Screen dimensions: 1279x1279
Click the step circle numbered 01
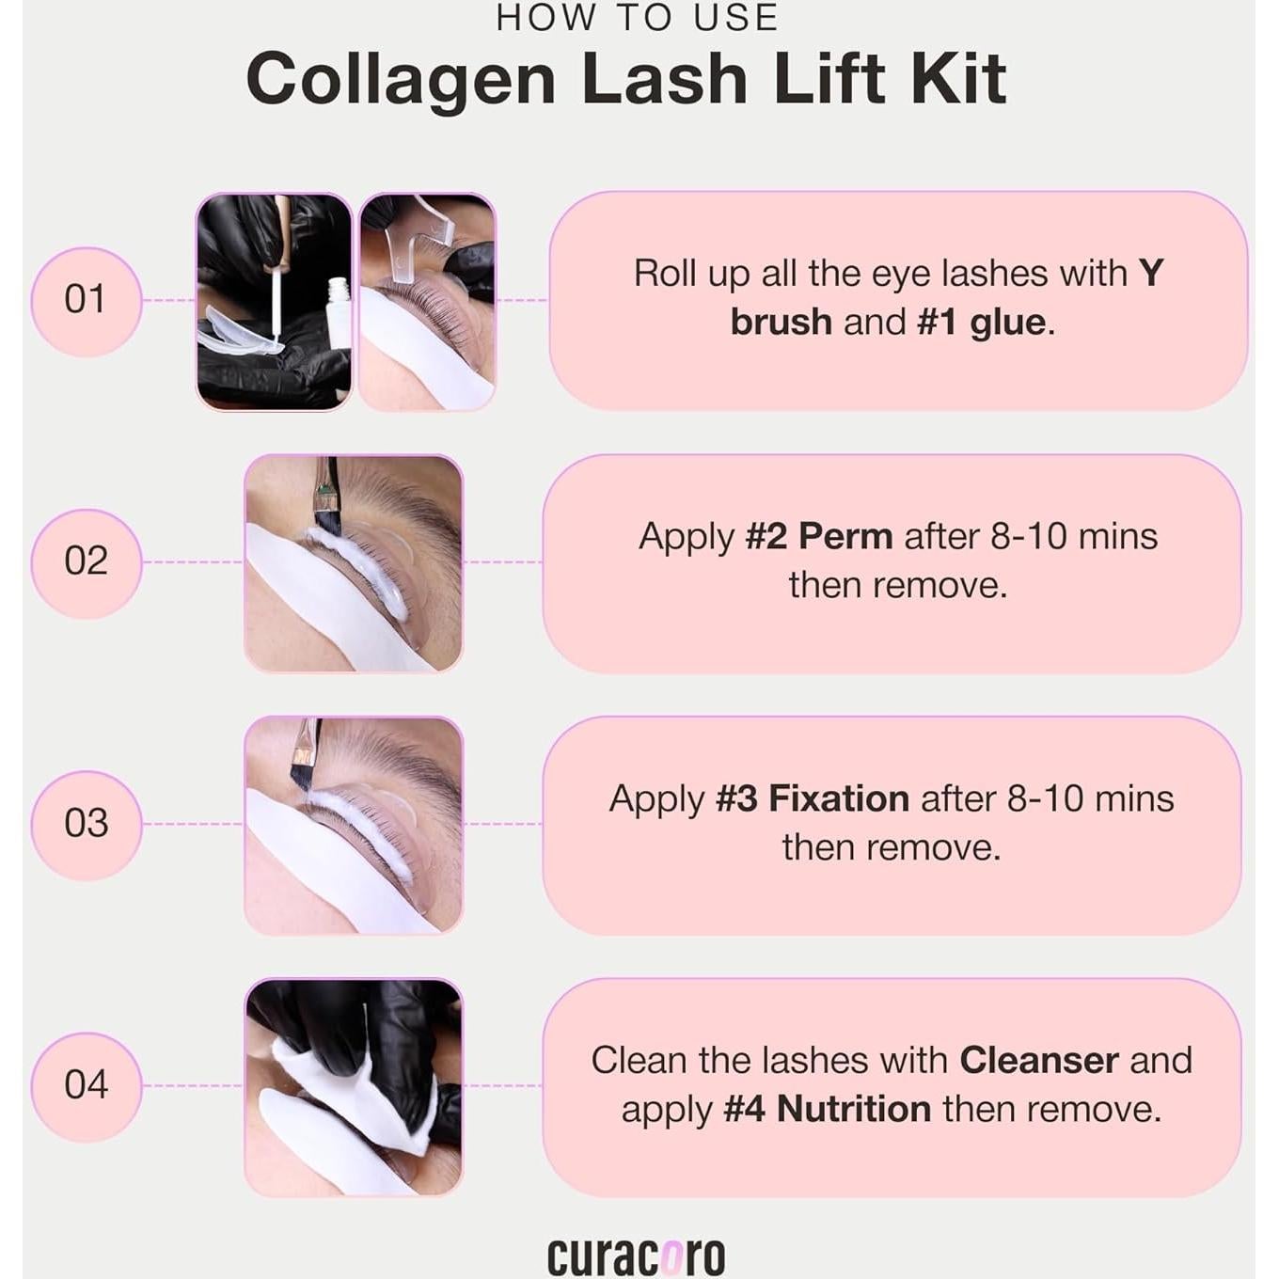[x=87, y=301]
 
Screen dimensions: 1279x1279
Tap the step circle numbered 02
[x=87, y=563]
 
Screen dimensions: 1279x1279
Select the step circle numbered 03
[x=87, y=825]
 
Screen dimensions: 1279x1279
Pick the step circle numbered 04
[x=87, y=1086]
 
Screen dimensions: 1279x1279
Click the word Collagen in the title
[x=401, y=80]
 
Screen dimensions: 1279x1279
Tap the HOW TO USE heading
[x=638, y=18]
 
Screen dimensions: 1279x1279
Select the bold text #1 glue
[x=981, y=323]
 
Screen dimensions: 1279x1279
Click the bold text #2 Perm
[x=819, y=536]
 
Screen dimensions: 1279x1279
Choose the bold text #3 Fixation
[x=813, y=798]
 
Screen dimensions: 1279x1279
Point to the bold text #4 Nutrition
[x=827, y=1109]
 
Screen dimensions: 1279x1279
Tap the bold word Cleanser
[x=1039, y=1060]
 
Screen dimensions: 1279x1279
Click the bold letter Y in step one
[x=1151, y=273]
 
